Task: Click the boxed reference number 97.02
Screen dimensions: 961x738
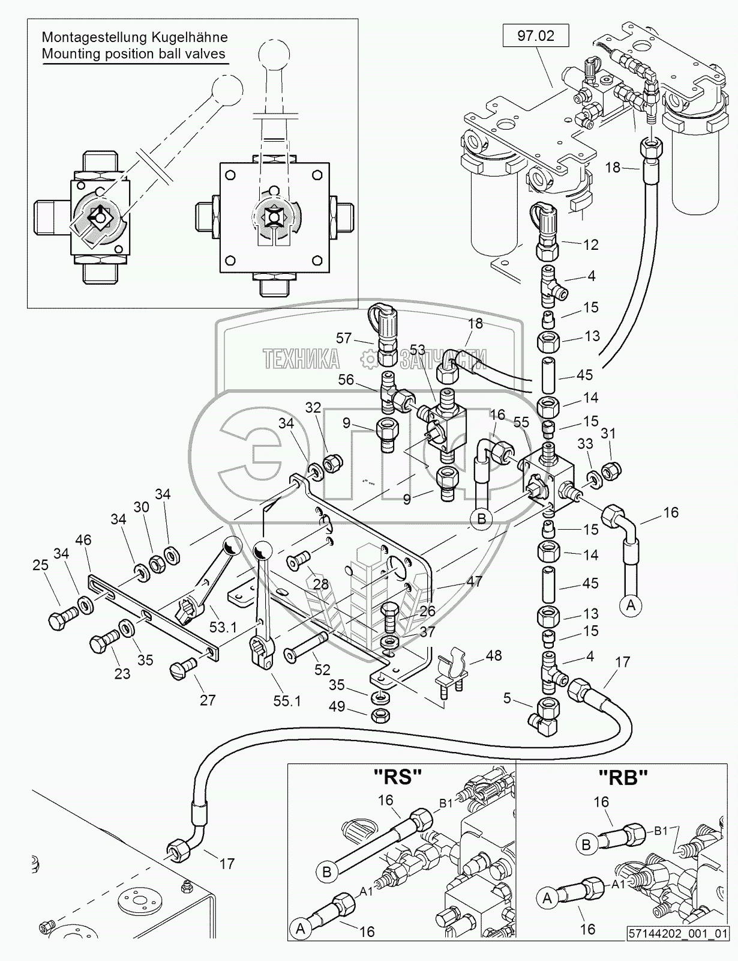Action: pyautogui.click(x=536, y=35)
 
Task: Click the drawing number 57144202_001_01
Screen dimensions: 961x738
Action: pyautogui.click(x=678, y=950)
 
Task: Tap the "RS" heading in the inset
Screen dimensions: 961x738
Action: pyautogui.click(x=397, y=777)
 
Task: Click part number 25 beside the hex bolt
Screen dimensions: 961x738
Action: pyautogui.click(x=41, y=565)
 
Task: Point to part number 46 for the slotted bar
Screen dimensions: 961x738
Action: pyautogui.click(x=83, y=540)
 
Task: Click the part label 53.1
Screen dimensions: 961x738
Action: pyautogui.click(x=223, y=628)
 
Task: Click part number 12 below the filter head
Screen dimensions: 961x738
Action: pyautogui.click(x=591, y=245)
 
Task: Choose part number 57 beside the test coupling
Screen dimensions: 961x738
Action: pyautogui.click(x=344, y=338)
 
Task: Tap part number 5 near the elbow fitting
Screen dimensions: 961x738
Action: pyautogui.click(x=507, y=699)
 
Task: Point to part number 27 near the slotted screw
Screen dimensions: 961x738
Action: pyautogui.click(x=208, y=700)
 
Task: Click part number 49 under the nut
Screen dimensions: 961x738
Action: pyautogui.click(x=337, y=706)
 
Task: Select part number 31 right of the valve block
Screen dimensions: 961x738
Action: pyautogui.click(x=608, y=433)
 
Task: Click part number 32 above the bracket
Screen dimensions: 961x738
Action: pyautogui.click(x=313, y=408)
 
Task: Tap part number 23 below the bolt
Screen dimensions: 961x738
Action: pyautogui.click(x=122, y=673)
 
